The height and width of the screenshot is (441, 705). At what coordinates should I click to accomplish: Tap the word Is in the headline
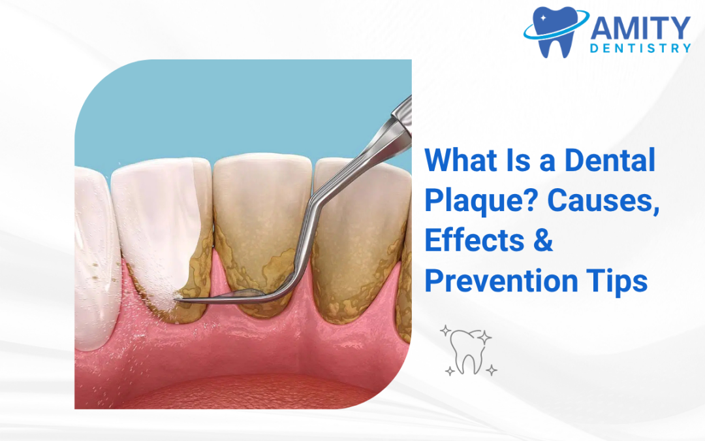[x=518, y=161]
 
